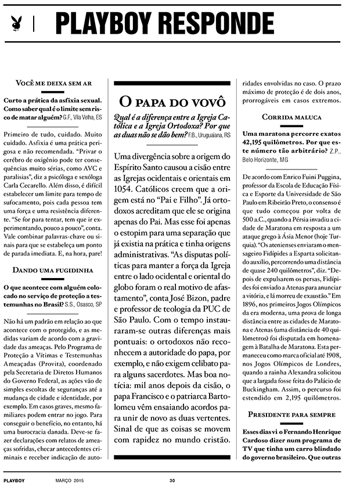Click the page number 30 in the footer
tap(172, 479)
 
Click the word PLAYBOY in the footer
tap(14, 479)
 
